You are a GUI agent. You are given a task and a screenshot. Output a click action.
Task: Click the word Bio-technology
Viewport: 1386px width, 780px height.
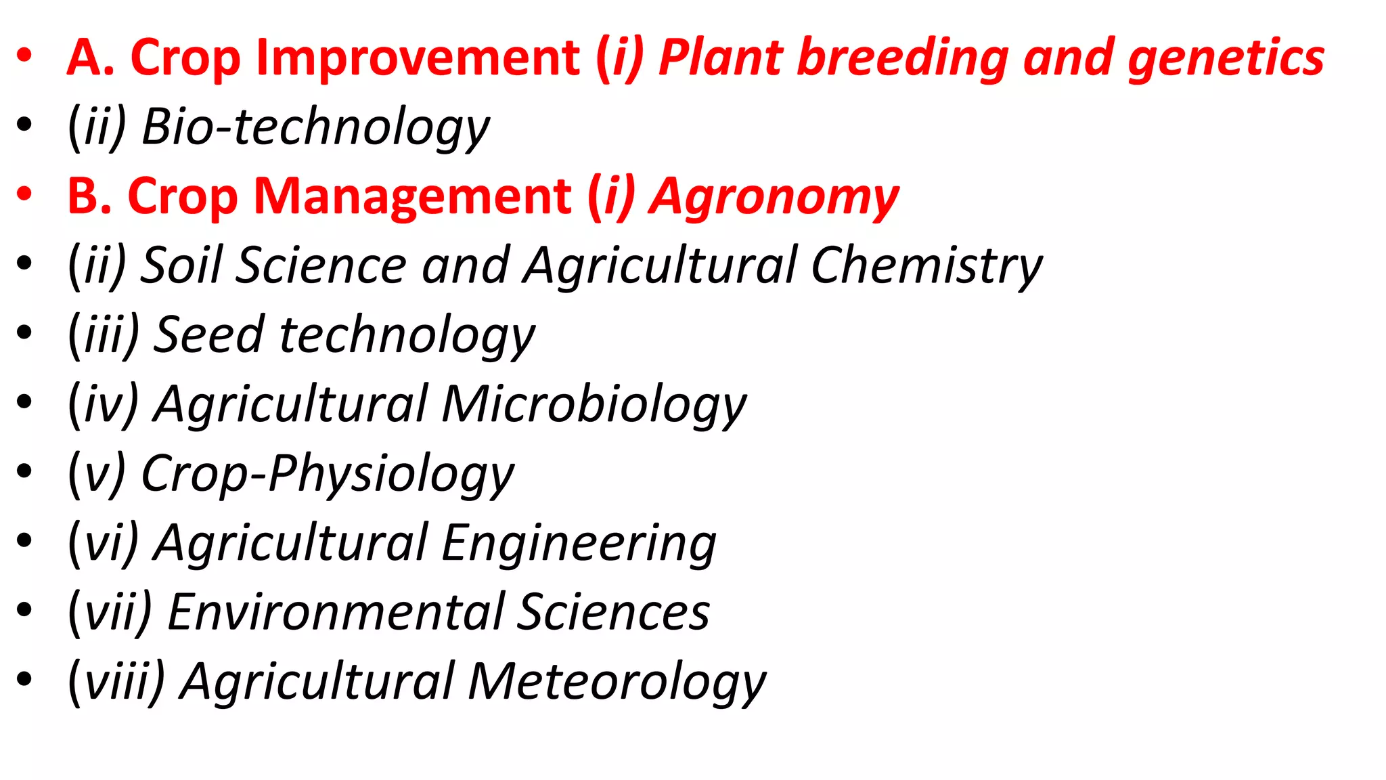tap(315, 128)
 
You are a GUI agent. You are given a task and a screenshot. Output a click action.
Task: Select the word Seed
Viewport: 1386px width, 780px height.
tap(209, 335)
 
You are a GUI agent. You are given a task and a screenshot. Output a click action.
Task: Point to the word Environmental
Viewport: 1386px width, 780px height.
tap(336, 613)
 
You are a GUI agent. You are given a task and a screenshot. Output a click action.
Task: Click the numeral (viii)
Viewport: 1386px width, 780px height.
tap(117, 682)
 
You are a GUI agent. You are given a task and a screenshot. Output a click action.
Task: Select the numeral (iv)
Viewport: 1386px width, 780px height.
tap(104, 405)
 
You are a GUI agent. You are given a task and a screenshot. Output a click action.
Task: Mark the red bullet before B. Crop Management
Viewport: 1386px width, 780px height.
tap(25, 195)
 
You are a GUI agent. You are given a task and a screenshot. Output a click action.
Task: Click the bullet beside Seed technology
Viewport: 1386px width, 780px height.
tap(25, 333)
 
